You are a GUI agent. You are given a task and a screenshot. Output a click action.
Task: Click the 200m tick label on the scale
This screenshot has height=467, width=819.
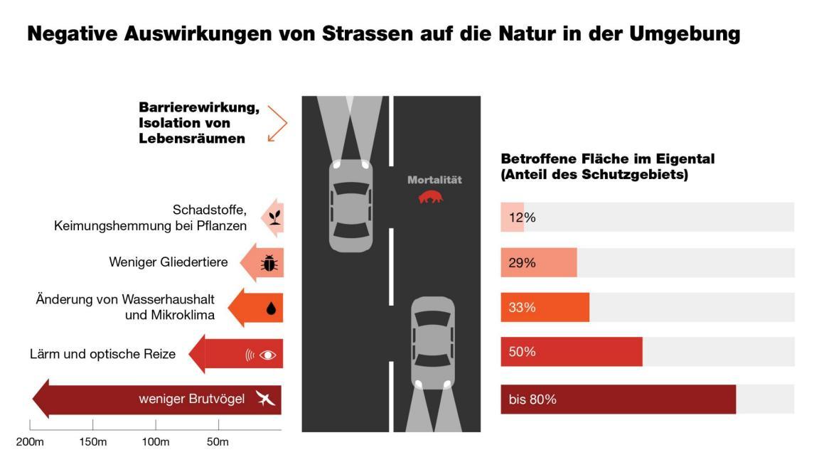point(31,442)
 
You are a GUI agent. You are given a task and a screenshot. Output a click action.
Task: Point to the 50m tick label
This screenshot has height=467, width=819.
point(218,442)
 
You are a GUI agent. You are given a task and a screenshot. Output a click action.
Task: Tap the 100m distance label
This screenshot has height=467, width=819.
point(156,442)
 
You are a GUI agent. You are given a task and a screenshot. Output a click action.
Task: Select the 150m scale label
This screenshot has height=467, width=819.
point(93,442)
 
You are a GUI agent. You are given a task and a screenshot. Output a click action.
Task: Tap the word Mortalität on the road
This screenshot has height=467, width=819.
point(434,180)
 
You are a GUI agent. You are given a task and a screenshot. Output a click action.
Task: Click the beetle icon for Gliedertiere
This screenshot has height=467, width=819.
point(269,263)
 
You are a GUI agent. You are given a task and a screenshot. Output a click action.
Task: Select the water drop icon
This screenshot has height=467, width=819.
point(270,308)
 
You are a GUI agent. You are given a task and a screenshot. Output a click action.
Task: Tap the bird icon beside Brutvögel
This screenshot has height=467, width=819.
point(265,399)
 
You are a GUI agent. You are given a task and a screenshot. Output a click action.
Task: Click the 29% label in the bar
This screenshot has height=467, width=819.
point(522,263)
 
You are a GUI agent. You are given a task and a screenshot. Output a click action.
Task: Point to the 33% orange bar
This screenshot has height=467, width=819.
point(545,308)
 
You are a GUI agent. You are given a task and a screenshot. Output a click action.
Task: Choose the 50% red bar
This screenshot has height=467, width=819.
point(571,352)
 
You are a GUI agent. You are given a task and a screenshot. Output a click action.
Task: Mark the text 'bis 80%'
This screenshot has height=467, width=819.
point(532,399)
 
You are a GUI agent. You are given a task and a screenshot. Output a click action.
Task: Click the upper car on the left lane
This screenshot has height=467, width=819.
point(350,205)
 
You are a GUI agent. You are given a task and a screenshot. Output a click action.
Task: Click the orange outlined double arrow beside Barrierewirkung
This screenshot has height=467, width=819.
point(277,124)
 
